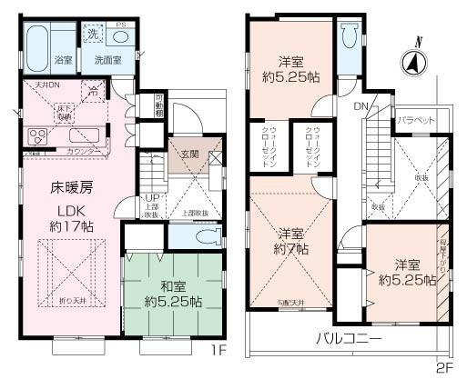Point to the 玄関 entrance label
[x=190, y=154]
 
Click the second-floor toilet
[x=350, y=36]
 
